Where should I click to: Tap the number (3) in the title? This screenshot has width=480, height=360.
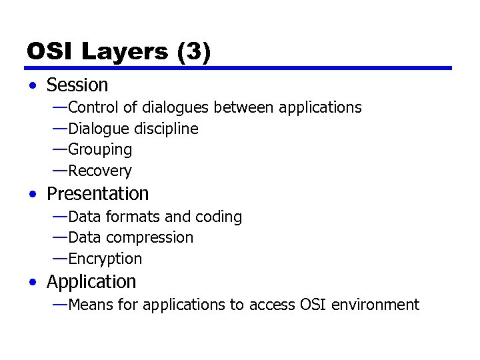click(194, 51)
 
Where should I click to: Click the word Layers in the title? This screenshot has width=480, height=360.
click(125, 51)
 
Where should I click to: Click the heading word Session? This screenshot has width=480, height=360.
click(77, 85)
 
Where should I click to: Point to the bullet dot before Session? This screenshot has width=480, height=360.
click(33, 86)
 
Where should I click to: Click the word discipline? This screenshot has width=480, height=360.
click(167, 129)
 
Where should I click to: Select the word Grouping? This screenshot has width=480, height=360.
click(100, 150)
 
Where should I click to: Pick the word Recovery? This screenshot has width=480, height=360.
click(100, 171)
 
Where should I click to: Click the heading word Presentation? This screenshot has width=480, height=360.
click(97, 194)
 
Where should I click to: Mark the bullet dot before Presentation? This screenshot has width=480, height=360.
click(33, 195)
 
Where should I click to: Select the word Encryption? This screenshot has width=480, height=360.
click(105, 259)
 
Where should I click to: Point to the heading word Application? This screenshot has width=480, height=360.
click(91, 282)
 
